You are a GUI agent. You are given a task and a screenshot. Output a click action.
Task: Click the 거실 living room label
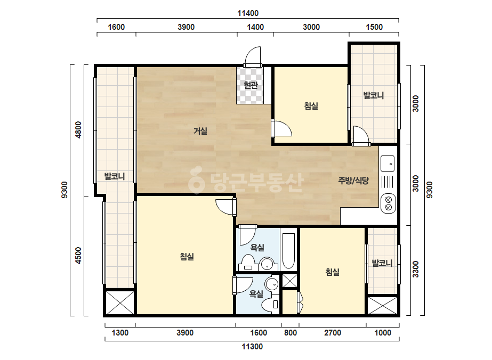pos(200,131)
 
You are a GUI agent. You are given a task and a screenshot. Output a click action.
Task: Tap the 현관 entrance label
pos(251,85)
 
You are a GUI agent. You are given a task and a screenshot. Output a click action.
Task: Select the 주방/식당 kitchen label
pos(353,181)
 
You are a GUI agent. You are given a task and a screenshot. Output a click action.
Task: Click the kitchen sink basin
pos(388,163)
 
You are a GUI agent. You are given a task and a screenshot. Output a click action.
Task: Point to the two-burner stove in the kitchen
pos(388,203)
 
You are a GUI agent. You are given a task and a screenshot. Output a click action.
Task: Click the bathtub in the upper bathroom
pos(289,251)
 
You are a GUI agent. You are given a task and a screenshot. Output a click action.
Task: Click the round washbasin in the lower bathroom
pos(271,284)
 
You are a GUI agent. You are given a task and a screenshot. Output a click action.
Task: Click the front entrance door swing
pos(253,56)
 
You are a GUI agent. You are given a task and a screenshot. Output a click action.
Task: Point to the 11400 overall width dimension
pos(248,13)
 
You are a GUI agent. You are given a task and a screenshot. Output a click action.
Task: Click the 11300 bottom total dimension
pos(252,347)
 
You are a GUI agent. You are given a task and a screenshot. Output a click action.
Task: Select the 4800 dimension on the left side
pos(78,129)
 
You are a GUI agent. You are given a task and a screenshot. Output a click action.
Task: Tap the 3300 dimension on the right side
pos(415,269)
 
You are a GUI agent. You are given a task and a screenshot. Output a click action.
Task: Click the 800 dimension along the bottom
pos(291,332)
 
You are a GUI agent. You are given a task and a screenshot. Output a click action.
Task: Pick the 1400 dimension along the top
pos(255,27)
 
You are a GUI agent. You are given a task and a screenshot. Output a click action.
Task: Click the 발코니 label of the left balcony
pos(115,176)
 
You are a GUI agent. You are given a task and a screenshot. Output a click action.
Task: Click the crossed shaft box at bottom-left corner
pos(119,302)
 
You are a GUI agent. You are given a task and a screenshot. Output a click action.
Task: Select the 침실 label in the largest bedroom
pos(187,257)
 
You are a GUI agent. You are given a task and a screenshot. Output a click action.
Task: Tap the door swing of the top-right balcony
pos(361,135)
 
